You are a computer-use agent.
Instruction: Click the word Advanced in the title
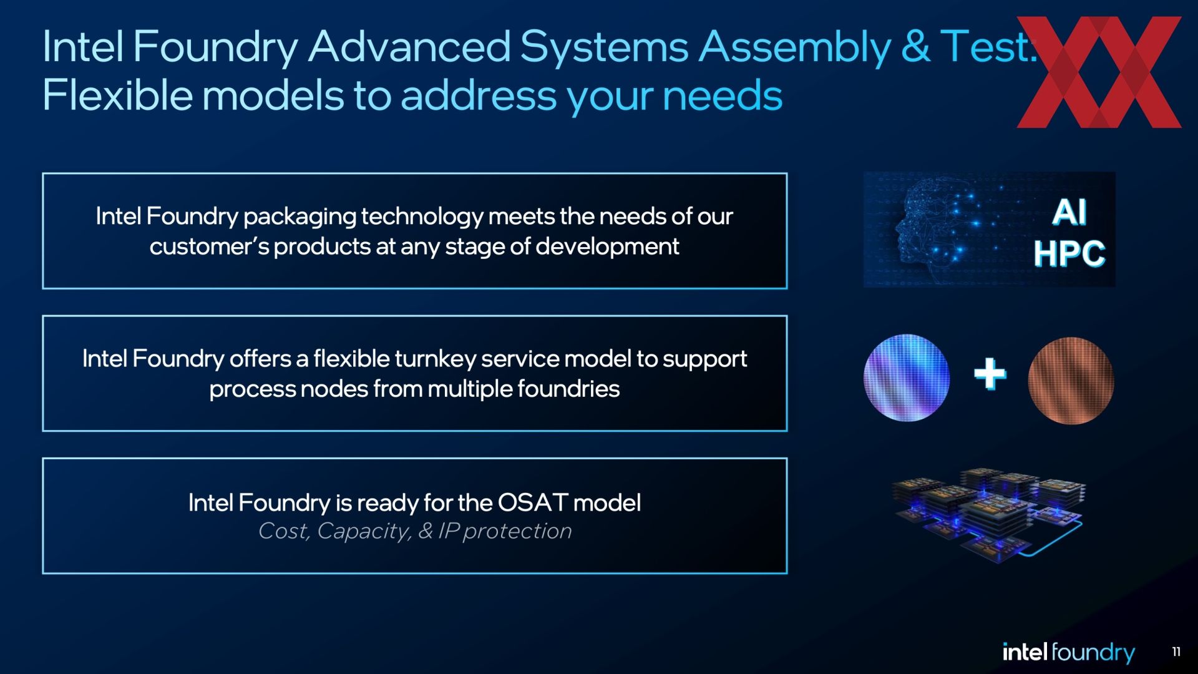point(409,47)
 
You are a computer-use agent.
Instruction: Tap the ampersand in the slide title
point(915,47)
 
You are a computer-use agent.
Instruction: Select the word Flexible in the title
point(117,95)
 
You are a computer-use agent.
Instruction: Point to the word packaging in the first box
point(299,218)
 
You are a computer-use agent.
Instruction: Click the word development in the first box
point(607,247)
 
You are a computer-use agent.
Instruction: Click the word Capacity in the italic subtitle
point(364,532)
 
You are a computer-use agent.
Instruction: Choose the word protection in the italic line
point(517,532)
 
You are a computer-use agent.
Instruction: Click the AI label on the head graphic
point(1069,213)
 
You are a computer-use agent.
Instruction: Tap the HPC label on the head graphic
point(1069,254)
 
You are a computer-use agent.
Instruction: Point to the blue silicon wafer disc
point(907,378)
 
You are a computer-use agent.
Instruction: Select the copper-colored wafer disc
point(1071,381)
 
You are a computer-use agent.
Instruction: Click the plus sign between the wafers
point(990,374)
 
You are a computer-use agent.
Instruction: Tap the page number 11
point(1176,652)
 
